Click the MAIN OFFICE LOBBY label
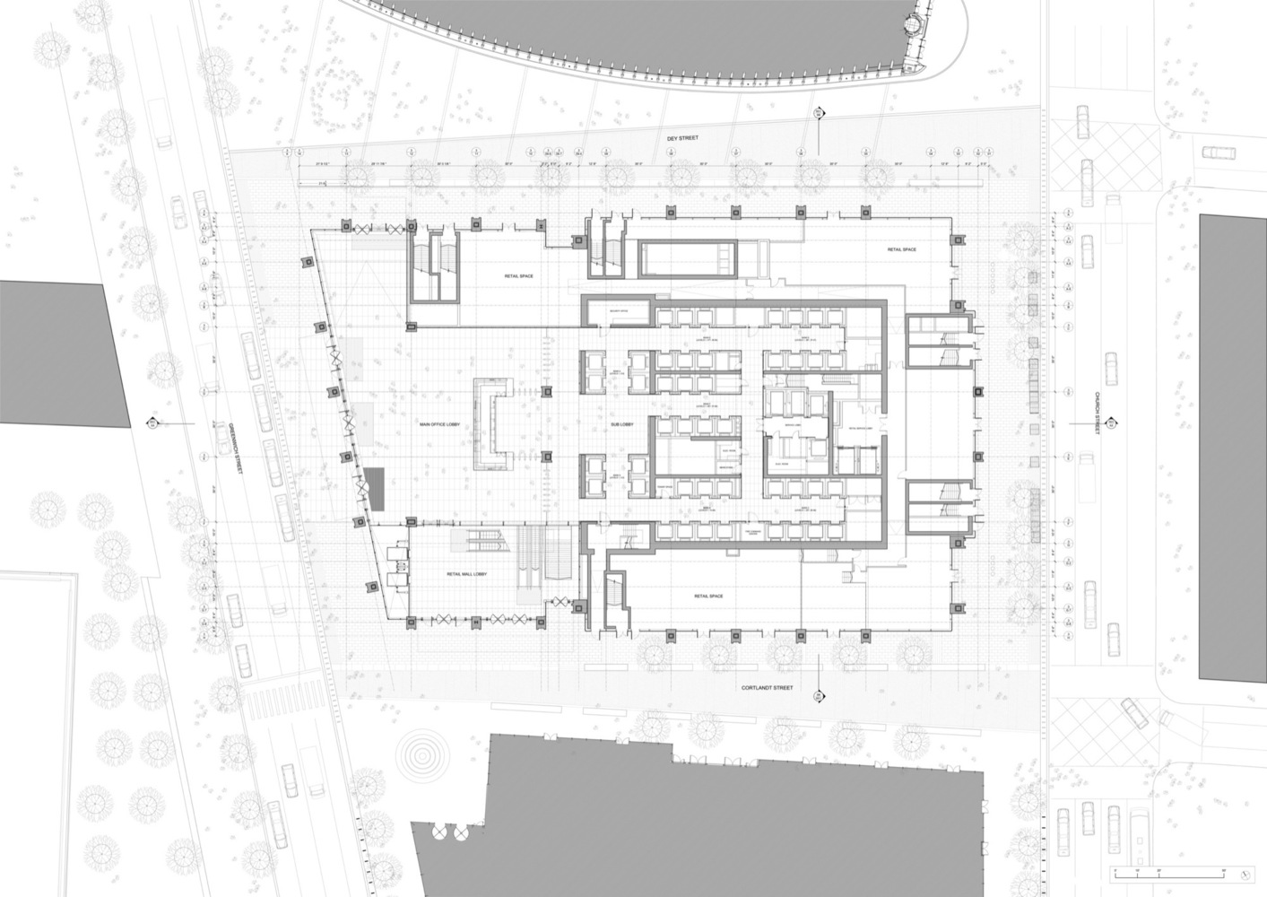(x=439, y=425)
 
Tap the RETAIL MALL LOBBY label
(x=466, y=575)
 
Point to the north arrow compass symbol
(x=1245, y=872)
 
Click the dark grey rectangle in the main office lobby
(x=373, y=489)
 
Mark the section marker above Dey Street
(x=818, y=114)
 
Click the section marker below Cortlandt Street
(x=818, y=696)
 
